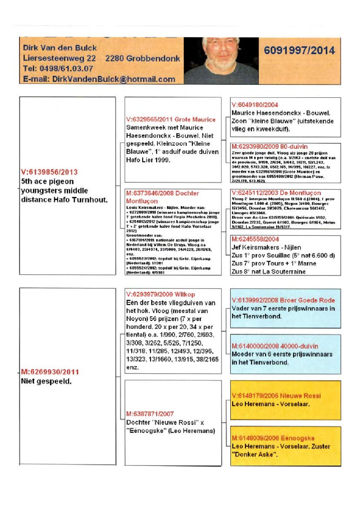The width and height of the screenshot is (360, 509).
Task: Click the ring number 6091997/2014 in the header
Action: point(299,51)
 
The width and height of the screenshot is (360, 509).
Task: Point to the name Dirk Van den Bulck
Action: point(60,48)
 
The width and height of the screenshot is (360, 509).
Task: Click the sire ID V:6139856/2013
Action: point(49,172)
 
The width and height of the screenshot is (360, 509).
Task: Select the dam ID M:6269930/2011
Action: point(50,372)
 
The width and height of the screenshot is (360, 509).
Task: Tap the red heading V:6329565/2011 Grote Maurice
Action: point(171,120)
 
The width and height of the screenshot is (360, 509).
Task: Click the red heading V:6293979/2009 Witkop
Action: point(161,294)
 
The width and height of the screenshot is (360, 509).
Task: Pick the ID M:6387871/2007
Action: point(150,414)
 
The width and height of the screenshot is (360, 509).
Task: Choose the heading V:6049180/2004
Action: point(255,105)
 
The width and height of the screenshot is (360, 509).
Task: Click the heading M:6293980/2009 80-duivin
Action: point(269,147)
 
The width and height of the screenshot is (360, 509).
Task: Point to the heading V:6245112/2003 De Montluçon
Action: point(276,193)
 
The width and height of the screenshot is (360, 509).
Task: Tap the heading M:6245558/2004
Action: point(255,239)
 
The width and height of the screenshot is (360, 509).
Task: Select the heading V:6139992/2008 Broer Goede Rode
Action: point(283,300)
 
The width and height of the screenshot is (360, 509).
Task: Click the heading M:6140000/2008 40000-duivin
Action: point(275,346)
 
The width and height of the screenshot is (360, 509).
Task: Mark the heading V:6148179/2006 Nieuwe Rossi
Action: point(276,396)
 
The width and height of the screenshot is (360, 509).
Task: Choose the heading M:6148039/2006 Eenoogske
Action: point(273,438)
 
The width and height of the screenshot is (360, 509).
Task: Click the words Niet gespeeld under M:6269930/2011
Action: point(46,381)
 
